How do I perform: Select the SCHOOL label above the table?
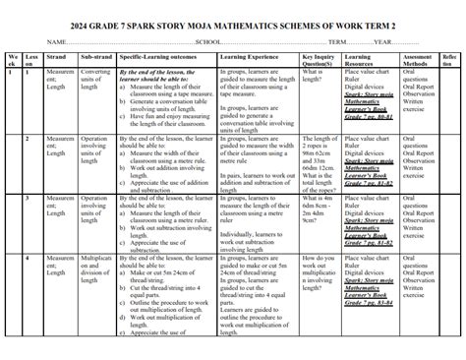[208, 43]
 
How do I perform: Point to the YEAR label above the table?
[383, 43]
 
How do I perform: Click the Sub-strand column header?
[95, 59]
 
